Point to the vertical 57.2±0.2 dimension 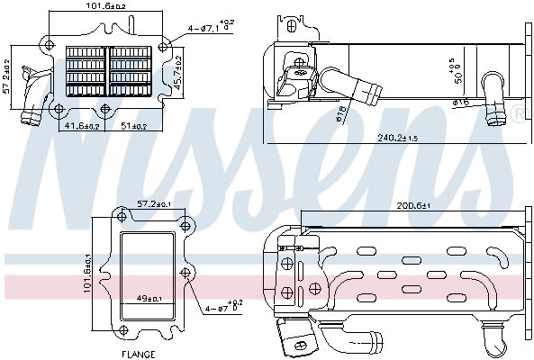click(8, 76)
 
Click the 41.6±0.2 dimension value click(82, 127)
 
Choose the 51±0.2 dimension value click(135, 127)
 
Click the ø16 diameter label click(460, 103)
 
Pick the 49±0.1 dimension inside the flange click(148, 299)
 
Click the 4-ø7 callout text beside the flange click(222, 308)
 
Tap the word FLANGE click(140, 354)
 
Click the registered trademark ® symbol click(518, 112)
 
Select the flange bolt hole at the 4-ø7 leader click(186, 273)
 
